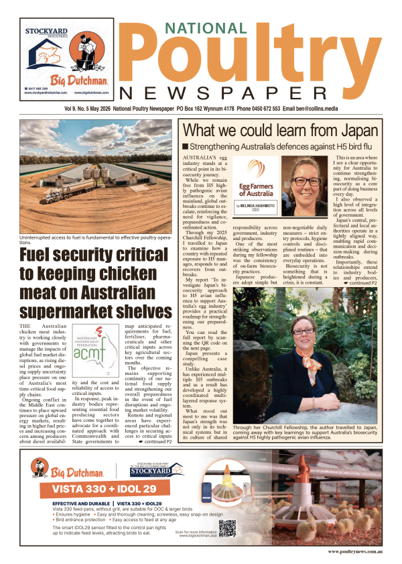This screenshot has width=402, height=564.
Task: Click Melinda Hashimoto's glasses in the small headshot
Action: coord(308,181)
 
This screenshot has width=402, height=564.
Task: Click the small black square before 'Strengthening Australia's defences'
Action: coord(185,146)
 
